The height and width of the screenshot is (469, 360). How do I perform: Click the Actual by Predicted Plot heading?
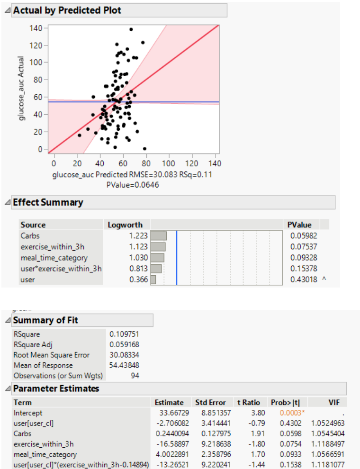tap(67, 10)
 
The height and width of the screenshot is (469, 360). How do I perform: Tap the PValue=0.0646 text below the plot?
tap(133, 185)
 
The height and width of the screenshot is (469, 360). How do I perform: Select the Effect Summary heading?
tap(48, 202)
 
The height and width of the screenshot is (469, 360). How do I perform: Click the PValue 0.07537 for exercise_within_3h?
tap(304, 246)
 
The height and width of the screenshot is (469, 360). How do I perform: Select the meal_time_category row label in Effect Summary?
tap(54, 258)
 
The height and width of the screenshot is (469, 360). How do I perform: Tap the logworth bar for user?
tap(153, 280)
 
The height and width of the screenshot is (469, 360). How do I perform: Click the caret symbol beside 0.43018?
tap(324, 280)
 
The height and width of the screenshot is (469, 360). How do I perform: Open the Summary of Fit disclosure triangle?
tap(7, 321)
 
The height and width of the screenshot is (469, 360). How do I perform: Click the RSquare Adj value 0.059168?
tap(124, 344)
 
